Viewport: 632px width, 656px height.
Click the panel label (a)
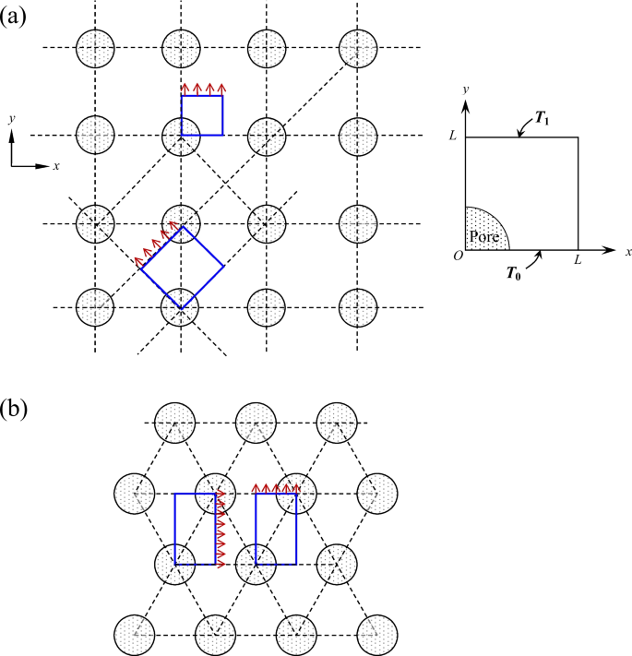pos(16,16)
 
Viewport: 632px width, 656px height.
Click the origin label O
pos(457,256)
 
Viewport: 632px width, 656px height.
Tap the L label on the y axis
pos(453,137)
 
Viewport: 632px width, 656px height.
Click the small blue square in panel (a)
pos(202,115)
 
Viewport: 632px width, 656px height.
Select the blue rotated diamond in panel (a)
pos(182,267)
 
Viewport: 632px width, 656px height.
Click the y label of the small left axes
pos(10,120)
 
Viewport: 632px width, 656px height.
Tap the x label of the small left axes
pos(56,167)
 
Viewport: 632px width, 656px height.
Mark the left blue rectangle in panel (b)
pos(196,529)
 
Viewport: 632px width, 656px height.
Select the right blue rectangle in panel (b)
pos(276,529)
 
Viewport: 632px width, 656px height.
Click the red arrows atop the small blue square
pos(203,89)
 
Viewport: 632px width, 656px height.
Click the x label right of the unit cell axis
pos(627,251)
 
